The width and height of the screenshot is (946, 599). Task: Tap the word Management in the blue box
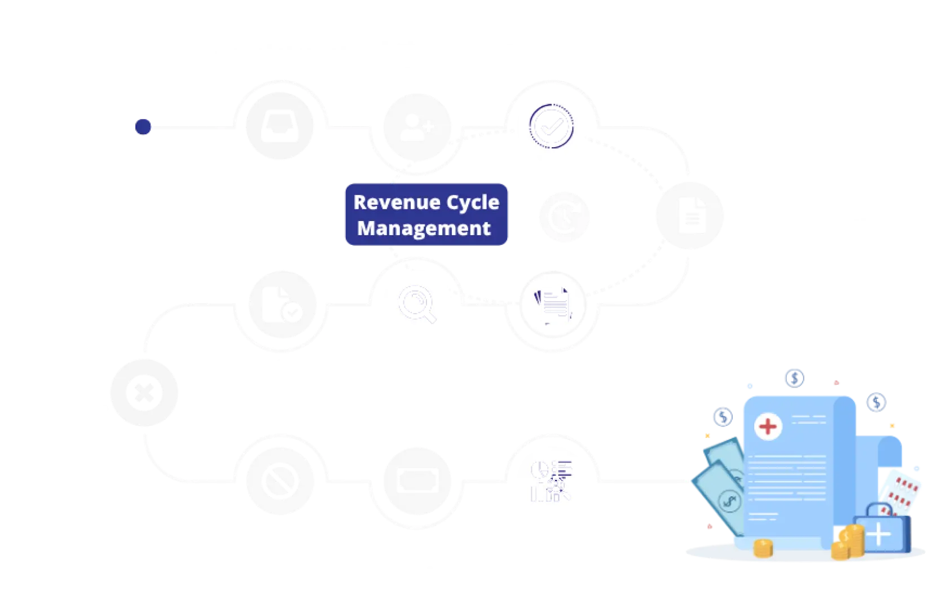(x=424, y=228)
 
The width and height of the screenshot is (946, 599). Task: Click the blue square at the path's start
(x=143, y=126)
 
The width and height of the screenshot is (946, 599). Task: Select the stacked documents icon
(x=553, y=305)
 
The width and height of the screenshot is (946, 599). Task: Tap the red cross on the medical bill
(x=767, y=426)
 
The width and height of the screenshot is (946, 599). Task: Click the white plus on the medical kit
(x=879, y=532)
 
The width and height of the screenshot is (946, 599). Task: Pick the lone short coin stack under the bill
(x=763, y=547)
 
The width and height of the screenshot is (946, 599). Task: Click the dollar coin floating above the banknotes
(x=723, y=418)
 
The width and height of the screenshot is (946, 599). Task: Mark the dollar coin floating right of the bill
(x=877, y=402)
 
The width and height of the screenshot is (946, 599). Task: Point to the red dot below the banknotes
(x=710, y=527)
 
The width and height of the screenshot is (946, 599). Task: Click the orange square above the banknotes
(x=707, y=437)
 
